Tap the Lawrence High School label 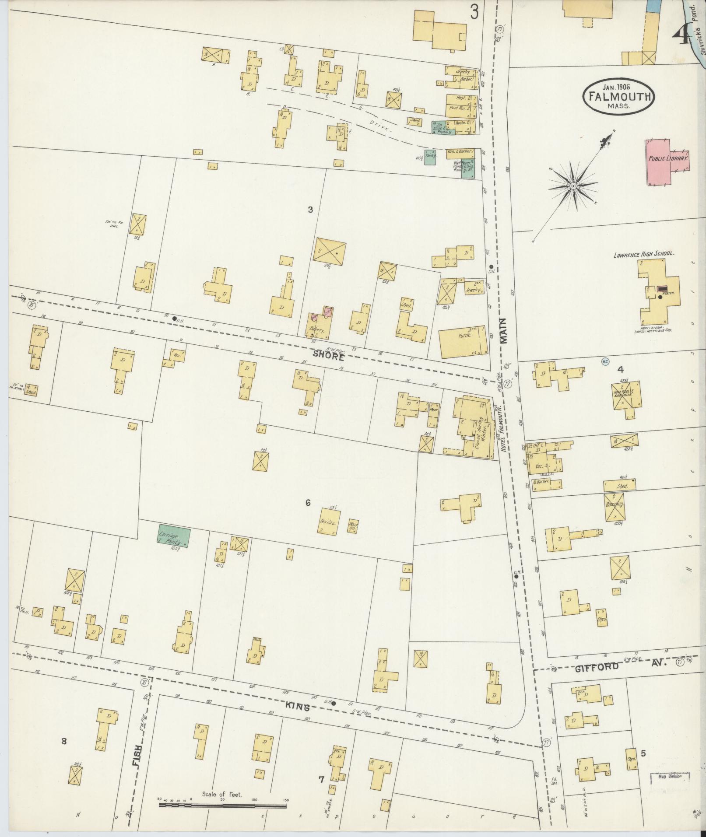point(643,253)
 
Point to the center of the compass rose point(572,187)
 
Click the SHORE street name point(329,356)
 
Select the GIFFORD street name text point(597,667)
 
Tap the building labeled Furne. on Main point(463,342)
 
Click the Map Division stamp point(669,777)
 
